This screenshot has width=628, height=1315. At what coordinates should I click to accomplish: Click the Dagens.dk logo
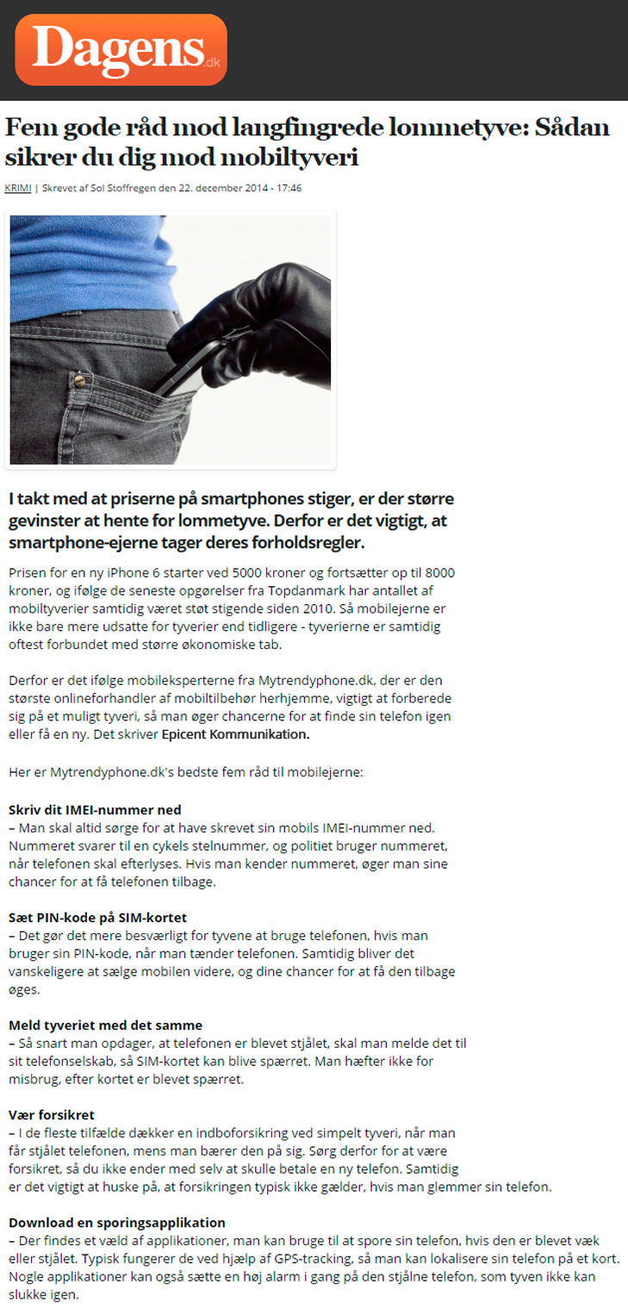121,49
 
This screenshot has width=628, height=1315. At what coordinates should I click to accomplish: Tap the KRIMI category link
17,188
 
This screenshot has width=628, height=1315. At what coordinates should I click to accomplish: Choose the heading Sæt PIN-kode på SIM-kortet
97,917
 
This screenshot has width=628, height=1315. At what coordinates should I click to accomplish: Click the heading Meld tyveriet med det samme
105,1025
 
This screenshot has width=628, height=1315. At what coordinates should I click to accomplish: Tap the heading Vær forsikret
51,1115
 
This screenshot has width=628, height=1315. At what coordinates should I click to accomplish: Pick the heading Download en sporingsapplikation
116,1222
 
